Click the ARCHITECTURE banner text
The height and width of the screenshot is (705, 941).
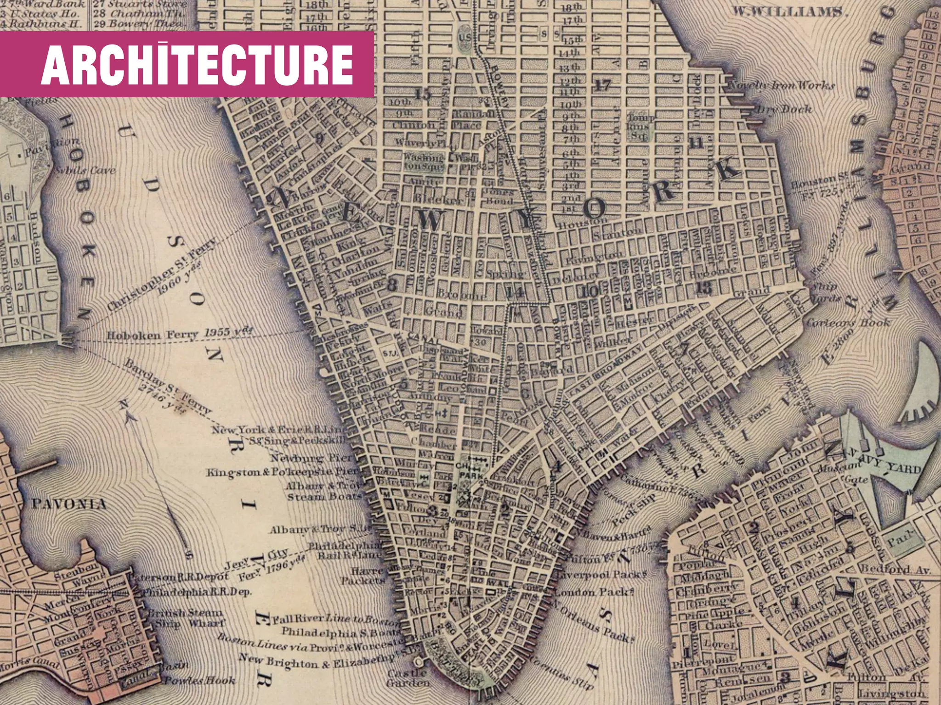[x=197, y=65]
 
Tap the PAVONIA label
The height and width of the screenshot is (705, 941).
[x=69, y=504]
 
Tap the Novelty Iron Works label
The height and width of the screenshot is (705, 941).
[x=781, y=85]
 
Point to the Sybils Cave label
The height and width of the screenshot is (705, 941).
[x=85, y=171]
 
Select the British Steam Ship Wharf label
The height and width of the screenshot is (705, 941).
[x=186, y=618]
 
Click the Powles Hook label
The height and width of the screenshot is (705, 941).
[x=200, y=680]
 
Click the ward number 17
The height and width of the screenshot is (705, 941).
[x=602, y=84]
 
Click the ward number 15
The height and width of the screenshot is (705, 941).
[x=423, y=94]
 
